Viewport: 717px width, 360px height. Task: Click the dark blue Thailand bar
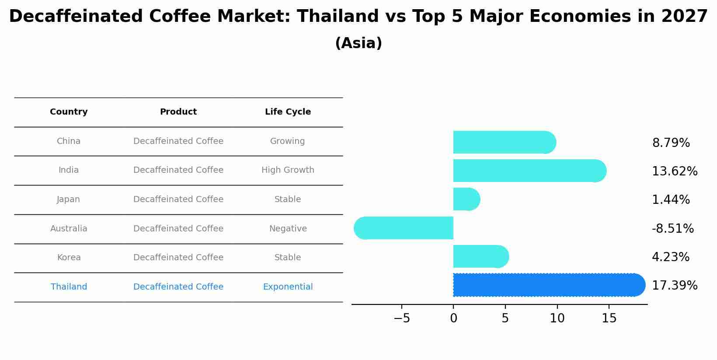(549, 285)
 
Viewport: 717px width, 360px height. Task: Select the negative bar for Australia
(403, 228)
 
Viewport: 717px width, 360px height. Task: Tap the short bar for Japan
(466, 199)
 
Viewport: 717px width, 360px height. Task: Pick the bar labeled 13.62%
(530, 171)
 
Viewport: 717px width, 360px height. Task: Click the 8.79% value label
(671, 143)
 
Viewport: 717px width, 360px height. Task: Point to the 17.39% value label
(675, 285)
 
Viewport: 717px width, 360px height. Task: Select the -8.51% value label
(673, 229)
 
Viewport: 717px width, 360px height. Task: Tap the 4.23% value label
(671, 257)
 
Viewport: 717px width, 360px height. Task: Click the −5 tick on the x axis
(402, 318)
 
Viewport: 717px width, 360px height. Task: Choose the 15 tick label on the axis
(609, 318)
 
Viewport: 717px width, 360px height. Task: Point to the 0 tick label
(453, 318)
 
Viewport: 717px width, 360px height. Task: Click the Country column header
(69, 112)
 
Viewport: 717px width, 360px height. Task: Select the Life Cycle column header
(288, 112)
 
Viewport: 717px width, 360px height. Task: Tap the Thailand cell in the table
(69, 287)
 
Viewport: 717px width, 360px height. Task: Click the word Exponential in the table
(288, 287)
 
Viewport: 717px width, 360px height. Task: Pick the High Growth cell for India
(288, 170)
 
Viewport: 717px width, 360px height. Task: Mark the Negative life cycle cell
(288, 228)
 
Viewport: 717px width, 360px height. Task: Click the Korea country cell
(69, 258)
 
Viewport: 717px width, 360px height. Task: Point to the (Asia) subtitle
(358, 43)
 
